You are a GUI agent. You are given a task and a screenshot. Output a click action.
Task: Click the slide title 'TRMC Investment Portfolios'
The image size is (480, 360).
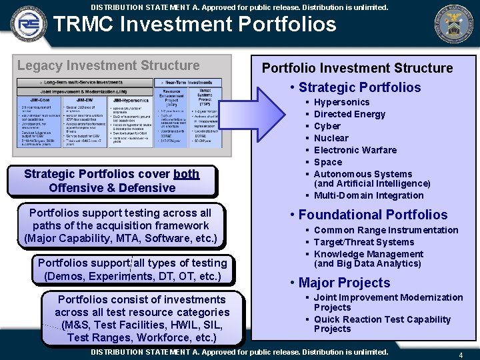click(x=195, y=25)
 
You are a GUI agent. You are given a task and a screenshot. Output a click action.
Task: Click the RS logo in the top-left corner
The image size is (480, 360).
click(x=26, y=25)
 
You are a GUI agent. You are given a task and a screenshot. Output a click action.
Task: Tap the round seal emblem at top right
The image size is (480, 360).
click(x=455, y=24)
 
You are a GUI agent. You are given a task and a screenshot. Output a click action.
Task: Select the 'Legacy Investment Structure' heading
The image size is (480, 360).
click(x=108, y=65)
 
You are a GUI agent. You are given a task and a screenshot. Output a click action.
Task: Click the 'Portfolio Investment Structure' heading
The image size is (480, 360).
click(x=357, y=68)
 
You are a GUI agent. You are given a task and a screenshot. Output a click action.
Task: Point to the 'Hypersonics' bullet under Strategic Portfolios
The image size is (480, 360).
click(x=341, y=102)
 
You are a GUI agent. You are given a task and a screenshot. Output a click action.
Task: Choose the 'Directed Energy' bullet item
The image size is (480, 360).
click(x=349, y=114)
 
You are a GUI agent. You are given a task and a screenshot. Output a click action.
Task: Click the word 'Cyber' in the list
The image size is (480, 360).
click(x=327, y=126)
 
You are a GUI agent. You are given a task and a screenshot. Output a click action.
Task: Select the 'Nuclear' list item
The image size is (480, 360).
click(x=331, y=138)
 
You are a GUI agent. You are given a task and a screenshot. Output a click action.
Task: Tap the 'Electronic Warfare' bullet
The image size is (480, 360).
click(x=355, y=150)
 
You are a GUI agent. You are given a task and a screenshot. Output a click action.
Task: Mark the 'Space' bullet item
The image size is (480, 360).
click(x=327, y=162)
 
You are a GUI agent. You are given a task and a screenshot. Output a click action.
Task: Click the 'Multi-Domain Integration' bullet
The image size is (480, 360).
click(x=369, y=195)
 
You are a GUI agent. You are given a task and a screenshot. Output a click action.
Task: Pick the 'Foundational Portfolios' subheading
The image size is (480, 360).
click(x=373, y=215)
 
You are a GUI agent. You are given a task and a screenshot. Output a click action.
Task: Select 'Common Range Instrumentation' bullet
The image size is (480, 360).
click(x=386, y=230)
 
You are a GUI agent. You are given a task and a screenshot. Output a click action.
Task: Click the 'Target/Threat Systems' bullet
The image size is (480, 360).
click(x=364, y=242)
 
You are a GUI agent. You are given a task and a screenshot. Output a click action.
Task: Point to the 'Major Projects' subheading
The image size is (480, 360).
click(x=344, y=283)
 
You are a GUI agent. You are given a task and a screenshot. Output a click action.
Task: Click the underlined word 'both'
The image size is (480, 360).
click(x=186, y=174)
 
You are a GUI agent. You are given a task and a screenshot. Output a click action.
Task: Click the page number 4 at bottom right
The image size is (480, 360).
click(x=461, y=355)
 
